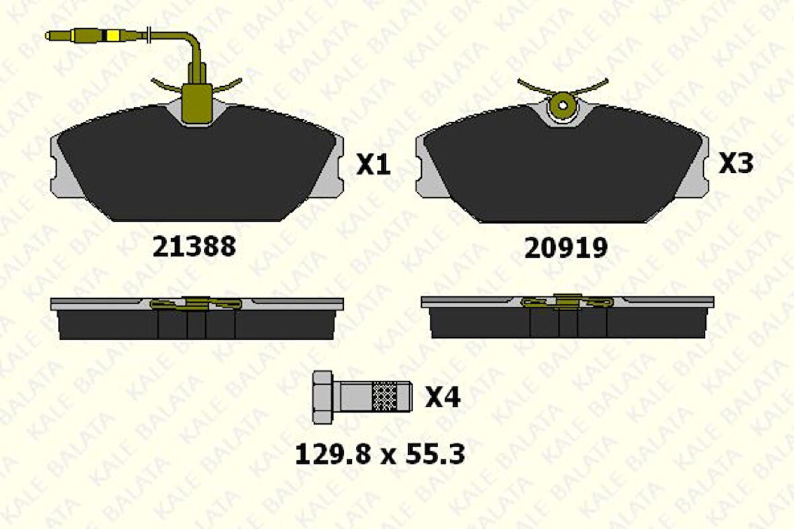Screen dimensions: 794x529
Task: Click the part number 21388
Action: (x=194, y=246)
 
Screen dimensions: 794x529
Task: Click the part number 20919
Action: (x=566, y=248)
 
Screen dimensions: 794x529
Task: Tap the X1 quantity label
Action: (x=373, y=164)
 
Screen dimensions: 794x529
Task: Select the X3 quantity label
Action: (x=735, y=163)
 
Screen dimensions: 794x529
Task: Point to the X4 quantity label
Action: (x=443, y=397)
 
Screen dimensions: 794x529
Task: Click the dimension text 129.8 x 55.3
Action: (x=380, y=454)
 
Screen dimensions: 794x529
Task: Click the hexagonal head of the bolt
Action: (x=322, y=397)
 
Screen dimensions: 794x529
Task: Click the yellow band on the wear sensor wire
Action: (x=112, y=36)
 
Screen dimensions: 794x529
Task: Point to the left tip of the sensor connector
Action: (x=46, y=36)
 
